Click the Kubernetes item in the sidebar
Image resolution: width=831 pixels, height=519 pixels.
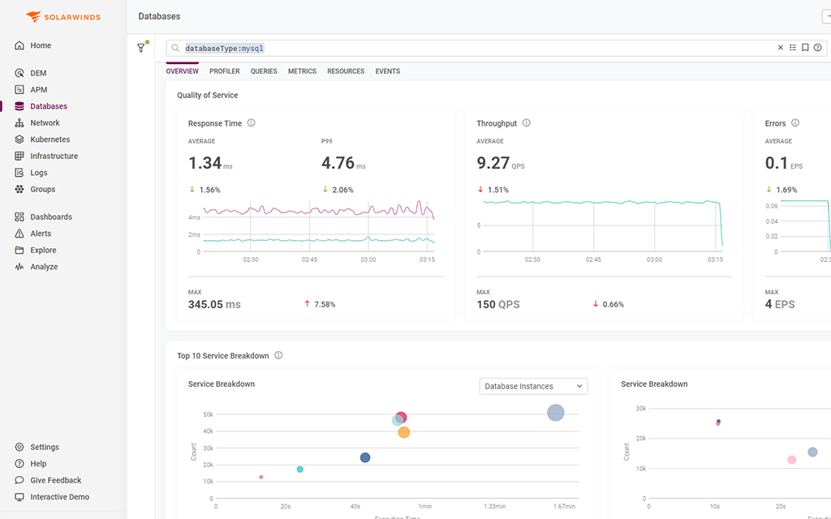pos(50,139)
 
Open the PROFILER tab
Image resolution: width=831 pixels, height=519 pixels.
pos(224,71)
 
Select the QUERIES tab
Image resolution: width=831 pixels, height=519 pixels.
pos(264,71)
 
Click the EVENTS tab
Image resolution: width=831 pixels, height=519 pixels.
pos(387,71)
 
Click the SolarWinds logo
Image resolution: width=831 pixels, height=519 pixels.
pos(63,16)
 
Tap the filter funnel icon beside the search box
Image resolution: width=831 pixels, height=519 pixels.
pos(141,48)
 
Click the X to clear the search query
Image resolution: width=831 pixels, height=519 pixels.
pos(781,48)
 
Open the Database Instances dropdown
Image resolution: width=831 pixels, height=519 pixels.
pos(533,386)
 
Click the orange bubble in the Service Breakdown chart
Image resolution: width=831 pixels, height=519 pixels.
pos(403,432)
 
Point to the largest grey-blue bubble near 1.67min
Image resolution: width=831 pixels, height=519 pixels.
pos(555,413)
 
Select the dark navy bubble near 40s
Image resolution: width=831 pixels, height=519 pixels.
pos(365,457)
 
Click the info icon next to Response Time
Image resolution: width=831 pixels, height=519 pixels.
pos(251,123)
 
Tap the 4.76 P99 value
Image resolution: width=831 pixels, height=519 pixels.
pos(338,163)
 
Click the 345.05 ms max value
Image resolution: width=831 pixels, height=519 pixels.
pos(214,304)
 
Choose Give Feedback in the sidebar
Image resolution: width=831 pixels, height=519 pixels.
pos(55,480)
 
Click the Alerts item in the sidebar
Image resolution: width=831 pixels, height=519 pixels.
pos(41,234)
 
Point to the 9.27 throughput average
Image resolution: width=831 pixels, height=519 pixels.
pos(493,163)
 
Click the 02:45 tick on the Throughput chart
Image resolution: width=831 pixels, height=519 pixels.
pos(593,259)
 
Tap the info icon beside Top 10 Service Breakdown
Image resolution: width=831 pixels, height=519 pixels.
pos(278,355)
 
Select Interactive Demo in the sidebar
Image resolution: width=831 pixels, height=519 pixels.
pos(59,497)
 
